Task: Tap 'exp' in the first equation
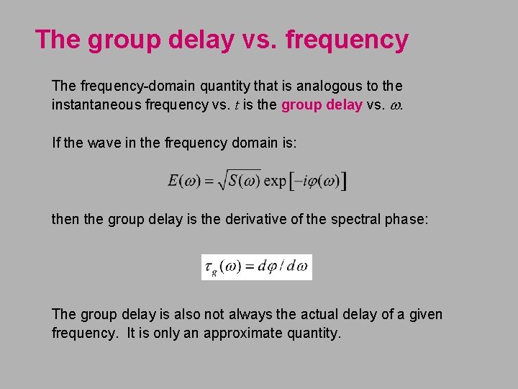point(275,181)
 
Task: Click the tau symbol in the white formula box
point(209,267)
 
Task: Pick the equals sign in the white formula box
point(253,267)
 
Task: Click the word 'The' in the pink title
point(58,40)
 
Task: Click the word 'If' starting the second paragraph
point(57,142)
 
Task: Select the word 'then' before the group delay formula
point(66,218)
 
